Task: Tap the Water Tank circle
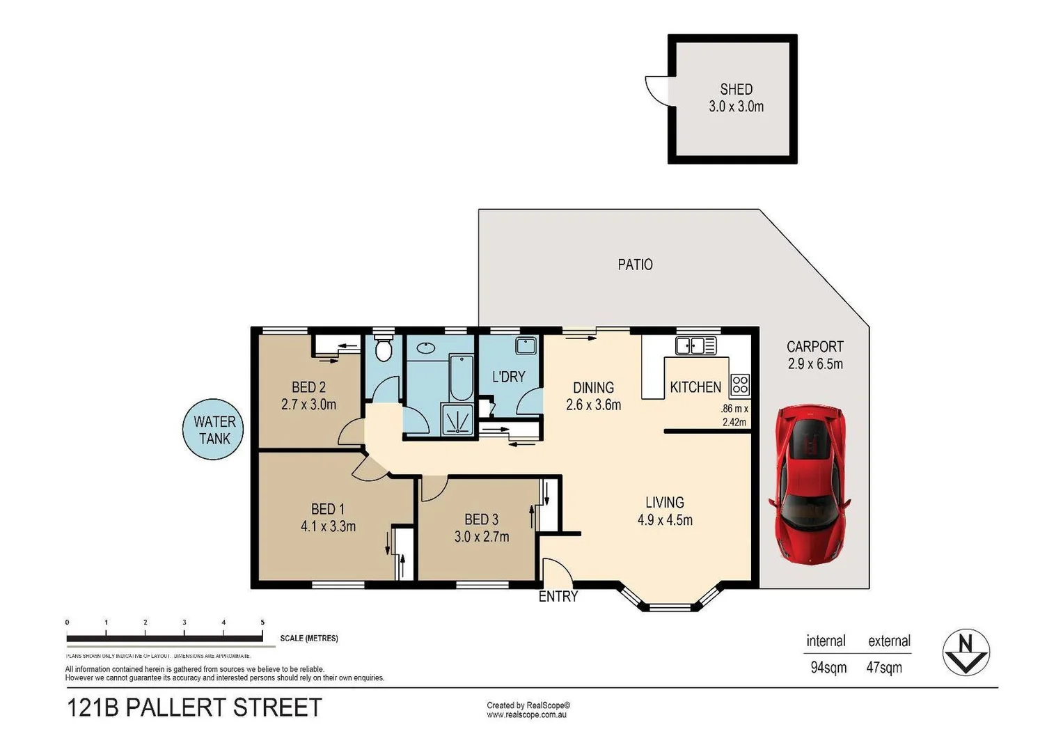click(214, 430)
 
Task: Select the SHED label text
click(736, 89)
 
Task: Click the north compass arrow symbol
click(966, 652)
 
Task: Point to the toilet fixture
click(383, 348)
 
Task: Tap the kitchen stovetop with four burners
click(739, 384)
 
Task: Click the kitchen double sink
click(695, 345)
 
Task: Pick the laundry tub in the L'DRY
click(526, 346)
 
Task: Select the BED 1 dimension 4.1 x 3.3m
click(328, 526)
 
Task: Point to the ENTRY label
click(558, 597)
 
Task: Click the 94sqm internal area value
click(828, 667)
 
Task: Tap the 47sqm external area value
click(884, 667)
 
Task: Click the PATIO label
click(635, 265)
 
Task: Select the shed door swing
click(656, 89)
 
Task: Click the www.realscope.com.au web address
click(526, 714)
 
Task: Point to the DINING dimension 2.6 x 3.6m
click(593, 405)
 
